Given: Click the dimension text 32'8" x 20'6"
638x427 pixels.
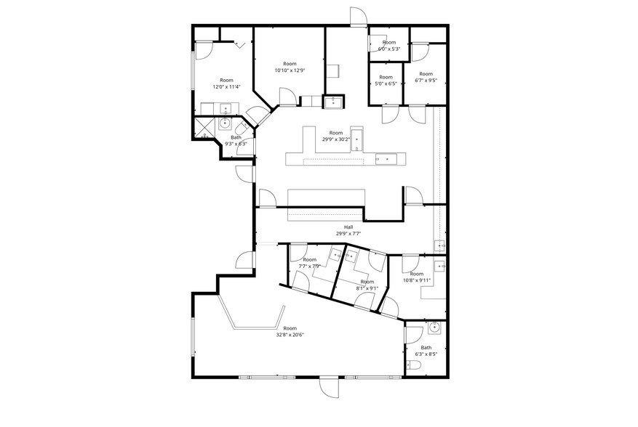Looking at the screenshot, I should click(290, 335).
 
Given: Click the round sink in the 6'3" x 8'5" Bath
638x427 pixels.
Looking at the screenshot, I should click(435, 328).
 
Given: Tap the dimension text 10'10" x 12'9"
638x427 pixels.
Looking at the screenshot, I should click(290, 70).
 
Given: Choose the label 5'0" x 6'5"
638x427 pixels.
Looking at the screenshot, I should click(386, 84).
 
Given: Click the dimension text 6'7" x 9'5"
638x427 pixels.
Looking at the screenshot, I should click(426, 80).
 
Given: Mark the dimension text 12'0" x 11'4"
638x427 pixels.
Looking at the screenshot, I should click(226, 86).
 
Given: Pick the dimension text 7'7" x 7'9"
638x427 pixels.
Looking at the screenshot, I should click(309, 266).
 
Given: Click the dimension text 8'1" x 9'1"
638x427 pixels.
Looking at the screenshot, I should click(367, 288).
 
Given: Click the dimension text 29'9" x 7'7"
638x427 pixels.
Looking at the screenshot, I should click(348, 234).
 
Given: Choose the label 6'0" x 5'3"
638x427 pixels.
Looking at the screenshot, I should click(389, 49).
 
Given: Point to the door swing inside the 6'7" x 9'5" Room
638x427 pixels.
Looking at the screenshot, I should click(419, 52).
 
